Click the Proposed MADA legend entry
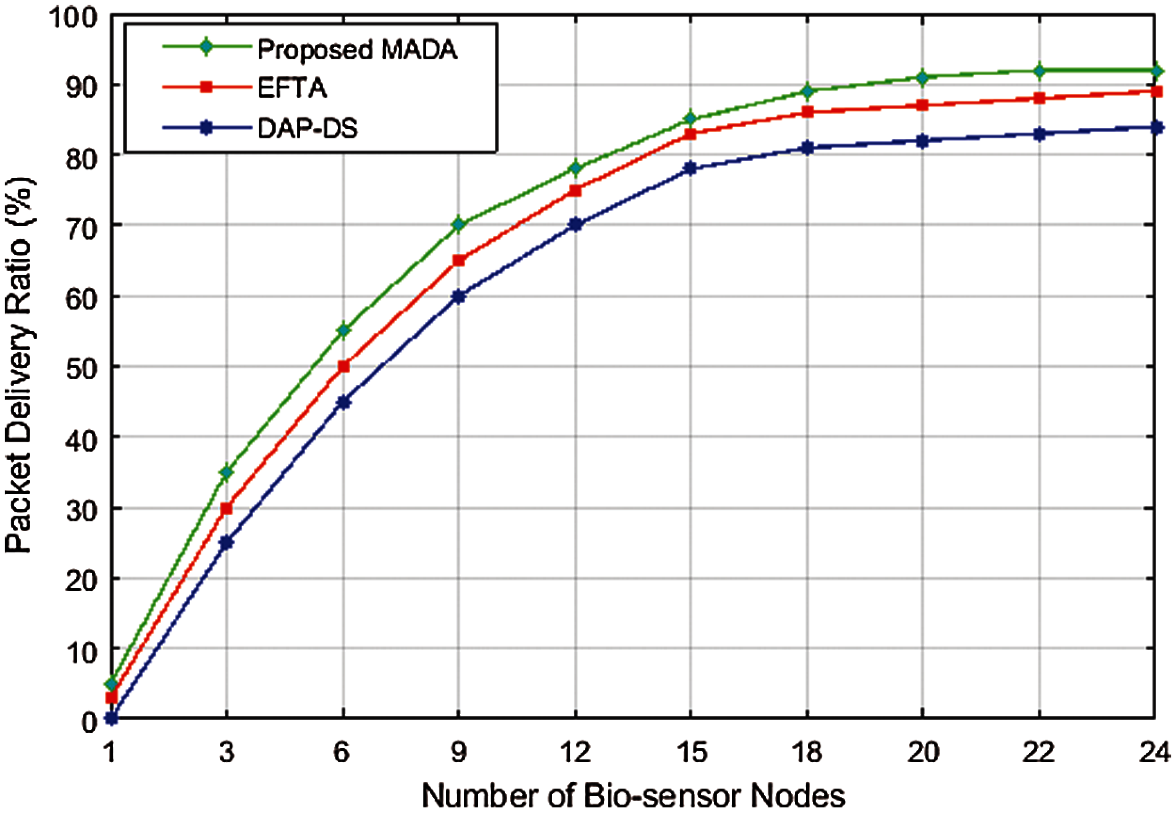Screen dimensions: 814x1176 tap(357, 49)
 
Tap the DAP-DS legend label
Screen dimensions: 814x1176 tap(307, 128)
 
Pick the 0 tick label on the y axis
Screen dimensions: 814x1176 tap(89, 721)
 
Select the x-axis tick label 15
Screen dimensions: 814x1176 tap(691, 752)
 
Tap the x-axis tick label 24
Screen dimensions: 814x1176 tap(1154, 752)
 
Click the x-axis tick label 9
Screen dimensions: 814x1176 tap(459, 752)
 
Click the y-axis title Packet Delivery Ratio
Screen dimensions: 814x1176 tap(19, 365)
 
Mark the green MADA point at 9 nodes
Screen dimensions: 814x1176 tap(459, 224)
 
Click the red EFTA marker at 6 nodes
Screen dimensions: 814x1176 tap(343, 366)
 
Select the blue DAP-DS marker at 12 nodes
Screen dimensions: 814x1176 tap(575, 224)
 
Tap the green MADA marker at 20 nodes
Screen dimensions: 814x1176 tap(922, 78)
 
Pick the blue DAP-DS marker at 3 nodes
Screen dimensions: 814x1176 tap(226, 543)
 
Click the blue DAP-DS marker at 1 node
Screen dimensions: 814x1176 tap(111, 718)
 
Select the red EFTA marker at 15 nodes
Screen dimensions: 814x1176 tap(691, 135)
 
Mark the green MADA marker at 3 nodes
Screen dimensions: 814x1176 tap(226, 472)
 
